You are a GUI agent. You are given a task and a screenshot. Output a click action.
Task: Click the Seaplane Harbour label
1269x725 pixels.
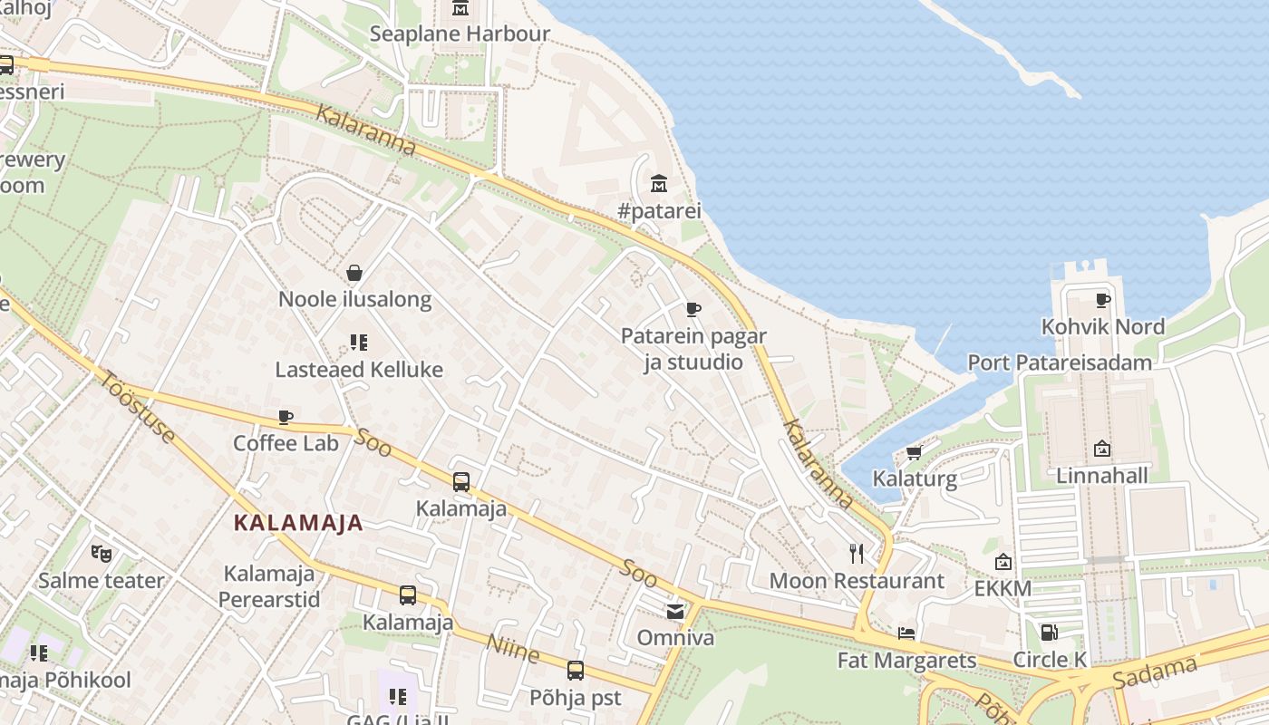click(460, 34)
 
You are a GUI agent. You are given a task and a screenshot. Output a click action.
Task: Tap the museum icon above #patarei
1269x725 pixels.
click(659, 184)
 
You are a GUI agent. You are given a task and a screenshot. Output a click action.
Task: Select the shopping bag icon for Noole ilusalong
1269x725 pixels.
click(354, 272)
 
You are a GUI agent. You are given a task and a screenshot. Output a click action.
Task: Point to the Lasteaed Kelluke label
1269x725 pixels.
click(359, 370)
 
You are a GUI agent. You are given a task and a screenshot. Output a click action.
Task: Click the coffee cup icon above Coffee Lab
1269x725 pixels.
click(286, 417)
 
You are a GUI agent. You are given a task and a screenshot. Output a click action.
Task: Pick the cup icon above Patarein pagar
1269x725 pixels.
click(693, 309)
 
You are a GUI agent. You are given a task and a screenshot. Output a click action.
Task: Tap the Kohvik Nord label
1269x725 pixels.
click(1103, 326)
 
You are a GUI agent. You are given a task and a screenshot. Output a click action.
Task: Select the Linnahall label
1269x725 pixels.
click(1102, 476)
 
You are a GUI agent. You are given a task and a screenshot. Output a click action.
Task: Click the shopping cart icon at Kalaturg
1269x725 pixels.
click(914, 452)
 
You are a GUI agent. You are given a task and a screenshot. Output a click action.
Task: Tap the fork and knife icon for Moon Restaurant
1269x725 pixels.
click(857, 554)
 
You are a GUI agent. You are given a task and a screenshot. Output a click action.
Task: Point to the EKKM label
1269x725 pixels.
click(1003, 589)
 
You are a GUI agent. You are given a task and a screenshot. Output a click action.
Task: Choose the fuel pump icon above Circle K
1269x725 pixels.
click(1049, 633)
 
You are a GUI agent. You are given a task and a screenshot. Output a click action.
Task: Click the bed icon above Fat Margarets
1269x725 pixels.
click(906, 633)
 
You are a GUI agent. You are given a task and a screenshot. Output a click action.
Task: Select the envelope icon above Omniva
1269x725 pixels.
click(675, 612)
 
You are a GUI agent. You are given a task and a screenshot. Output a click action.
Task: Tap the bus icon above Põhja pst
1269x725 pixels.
click(576, 671)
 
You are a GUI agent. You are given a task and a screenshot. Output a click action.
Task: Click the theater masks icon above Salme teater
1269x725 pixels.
click(102, 553)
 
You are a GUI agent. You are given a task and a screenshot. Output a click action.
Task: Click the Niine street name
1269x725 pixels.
click(513, 648)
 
